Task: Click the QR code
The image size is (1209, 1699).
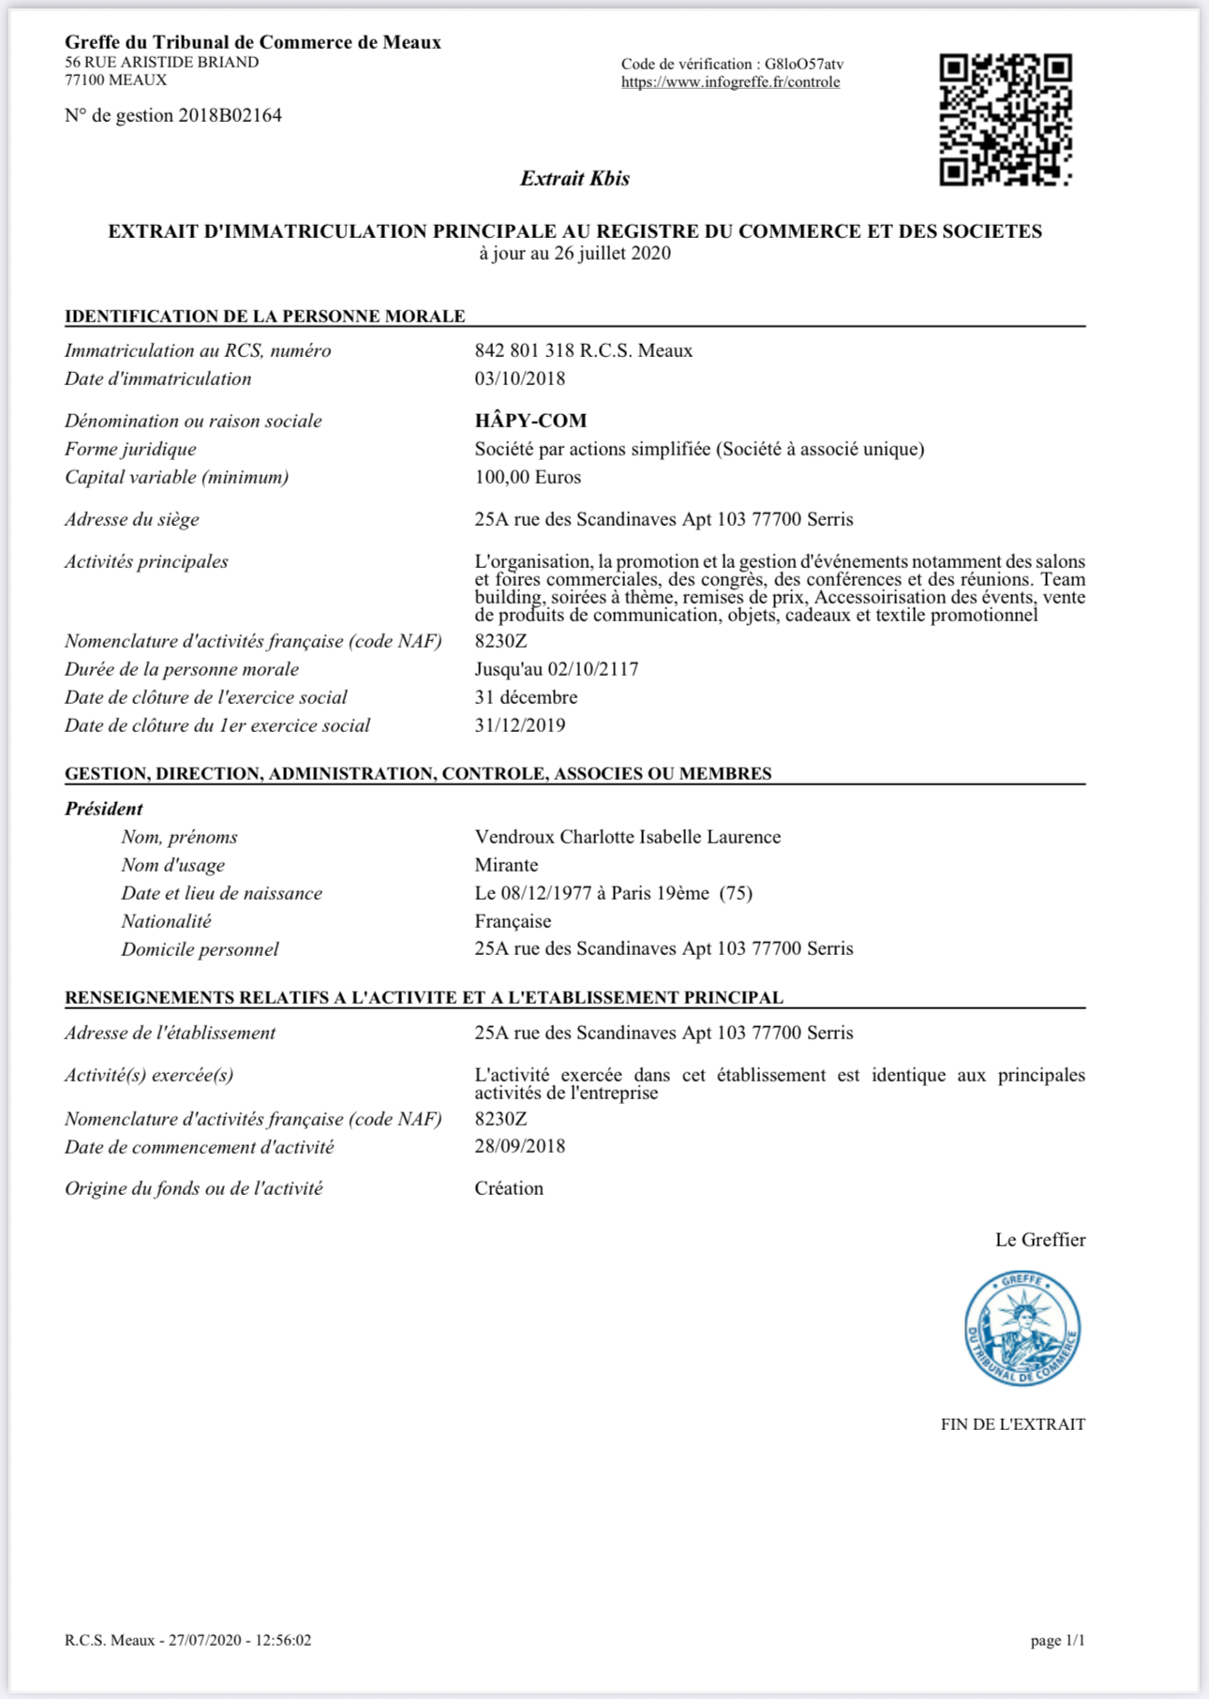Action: pos(1006,120)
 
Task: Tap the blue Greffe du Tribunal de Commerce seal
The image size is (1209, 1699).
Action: pos(1022,1329)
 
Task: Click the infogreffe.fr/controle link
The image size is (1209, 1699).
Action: pos(730,82)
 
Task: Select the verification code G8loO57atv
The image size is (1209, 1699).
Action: pos(803,64)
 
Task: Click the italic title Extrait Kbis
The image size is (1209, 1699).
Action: pos(575,178)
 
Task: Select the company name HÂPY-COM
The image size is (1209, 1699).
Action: pos(530,421)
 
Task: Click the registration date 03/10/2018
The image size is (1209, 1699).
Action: pos(520,379)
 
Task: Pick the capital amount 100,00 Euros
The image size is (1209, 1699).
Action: pos(528,477)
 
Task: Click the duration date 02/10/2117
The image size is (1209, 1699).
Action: pos(593,669)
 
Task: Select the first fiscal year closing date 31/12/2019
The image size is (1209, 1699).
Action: pos(520,725)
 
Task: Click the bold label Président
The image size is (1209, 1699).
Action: pos(104,809)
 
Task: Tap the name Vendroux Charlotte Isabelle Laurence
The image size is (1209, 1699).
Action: pos(627,837)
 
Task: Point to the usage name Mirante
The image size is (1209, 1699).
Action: pos(506,865)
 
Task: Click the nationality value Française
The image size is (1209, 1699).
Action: pos(513,921)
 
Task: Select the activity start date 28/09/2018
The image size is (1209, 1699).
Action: pos(520,1146)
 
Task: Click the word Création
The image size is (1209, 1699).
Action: pos(509,1188)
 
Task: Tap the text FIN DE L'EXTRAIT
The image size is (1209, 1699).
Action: pos(1012,1424)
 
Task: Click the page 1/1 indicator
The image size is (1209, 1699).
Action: pos(1057,1641)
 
